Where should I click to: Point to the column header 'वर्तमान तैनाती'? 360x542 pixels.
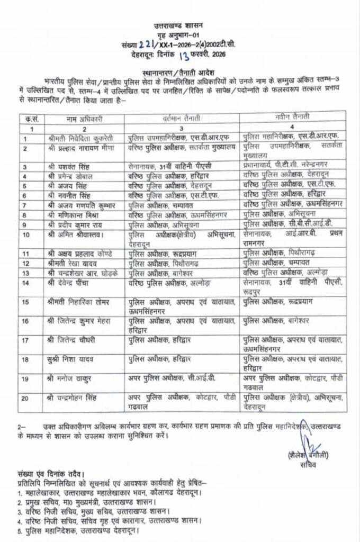point(177,117)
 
